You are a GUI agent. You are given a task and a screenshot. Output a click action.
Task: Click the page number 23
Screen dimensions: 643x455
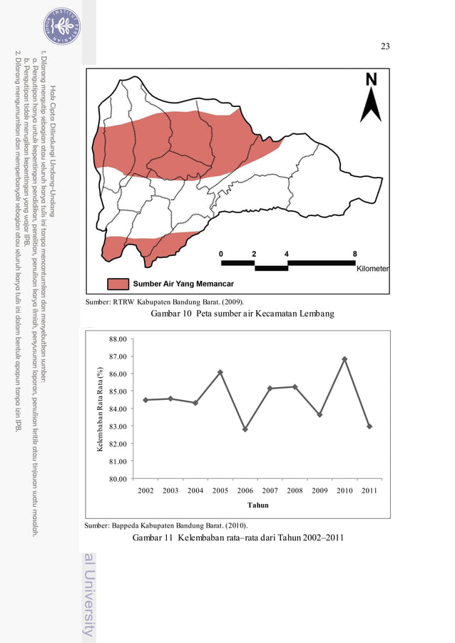385,46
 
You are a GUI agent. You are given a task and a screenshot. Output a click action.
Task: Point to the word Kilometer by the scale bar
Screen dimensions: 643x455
372,269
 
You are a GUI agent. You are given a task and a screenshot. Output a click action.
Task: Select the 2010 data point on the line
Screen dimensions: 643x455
344,359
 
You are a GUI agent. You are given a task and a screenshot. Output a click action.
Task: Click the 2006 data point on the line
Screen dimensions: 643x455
245,429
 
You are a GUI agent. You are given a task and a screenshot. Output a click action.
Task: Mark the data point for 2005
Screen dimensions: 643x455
220,372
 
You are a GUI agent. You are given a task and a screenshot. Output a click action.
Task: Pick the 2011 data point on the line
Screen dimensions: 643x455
369,426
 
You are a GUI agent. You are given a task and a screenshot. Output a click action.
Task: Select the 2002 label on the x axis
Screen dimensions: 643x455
145,490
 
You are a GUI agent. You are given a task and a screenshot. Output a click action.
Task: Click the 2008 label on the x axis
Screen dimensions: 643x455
295,490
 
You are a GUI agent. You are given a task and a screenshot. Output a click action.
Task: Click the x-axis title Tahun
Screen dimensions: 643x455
257,505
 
